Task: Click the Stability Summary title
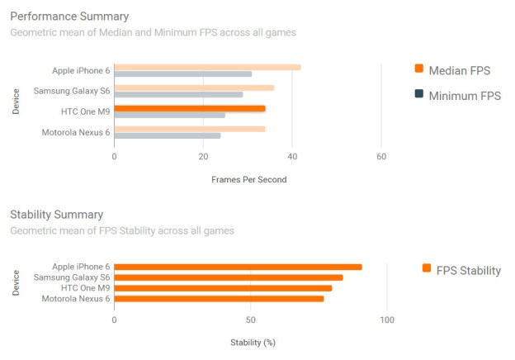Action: tap(56, 215)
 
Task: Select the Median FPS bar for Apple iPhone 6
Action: tap(207, 67)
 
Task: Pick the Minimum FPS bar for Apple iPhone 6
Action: tap(182, 74)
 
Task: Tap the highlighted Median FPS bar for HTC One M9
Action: tap(190, 107)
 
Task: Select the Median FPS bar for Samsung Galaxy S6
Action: tap(194, 88)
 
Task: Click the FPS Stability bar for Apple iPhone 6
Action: tap(238, 267)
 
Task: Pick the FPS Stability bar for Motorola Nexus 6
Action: tap(219, 298)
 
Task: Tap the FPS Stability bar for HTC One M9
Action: tap(223, 288)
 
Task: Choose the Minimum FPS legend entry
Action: tap(457, 96)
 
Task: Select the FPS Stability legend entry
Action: tap(461, 270)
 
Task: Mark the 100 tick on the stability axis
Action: tap(386, 320)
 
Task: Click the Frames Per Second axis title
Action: tap(248, 179)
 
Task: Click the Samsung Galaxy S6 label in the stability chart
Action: tap(72, 277)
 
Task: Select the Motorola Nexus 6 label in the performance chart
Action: tap(75, 131)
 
